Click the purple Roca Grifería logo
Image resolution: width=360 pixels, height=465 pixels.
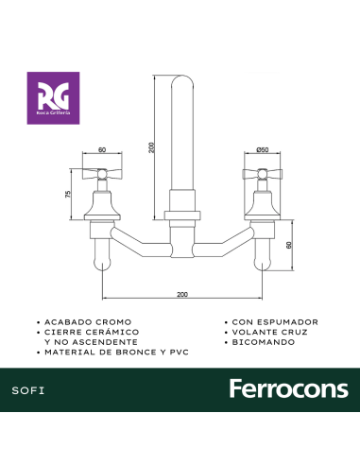click(x=53, y=98)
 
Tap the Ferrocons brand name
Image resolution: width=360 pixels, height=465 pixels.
click(x=289, y=388)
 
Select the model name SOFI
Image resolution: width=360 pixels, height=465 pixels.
click(x=28, y=390)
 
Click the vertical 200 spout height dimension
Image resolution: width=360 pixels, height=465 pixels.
click(x=152, y=147)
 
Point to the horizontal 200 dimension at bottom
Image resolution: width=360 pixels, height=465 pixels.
click(x=182, y=294)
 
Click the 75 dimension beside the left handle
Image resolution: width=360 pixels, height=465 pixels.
click(x=68, y=194)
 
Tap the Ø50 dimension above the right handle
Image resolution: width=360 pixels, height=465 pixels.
click(x=263, y=149)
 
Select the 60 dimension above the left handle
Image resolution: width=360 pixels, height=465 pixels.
click(x=102, y=150)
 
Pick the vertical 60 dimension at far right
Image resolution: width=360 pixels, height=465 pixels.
click(x=289, y=245)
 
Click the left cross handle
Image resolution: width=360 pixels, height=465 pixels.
click(x=102, y=174)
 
